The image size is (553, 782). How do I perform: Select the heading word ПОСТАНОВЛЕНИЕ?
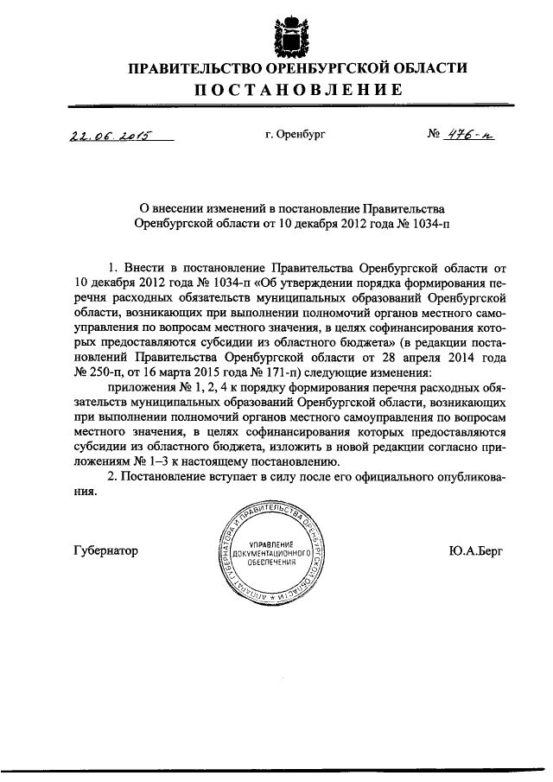tap(296, 90)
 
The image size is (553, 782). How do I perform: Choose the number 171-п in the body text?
tap(269, 372)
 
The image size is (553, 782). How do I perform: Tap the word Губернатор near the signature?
tap(106, 550)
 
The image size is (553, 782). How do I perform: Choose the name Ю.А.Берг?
tap(476, 550)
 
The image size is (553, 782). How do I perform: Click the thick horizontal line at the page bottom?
tap(276, 772)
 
